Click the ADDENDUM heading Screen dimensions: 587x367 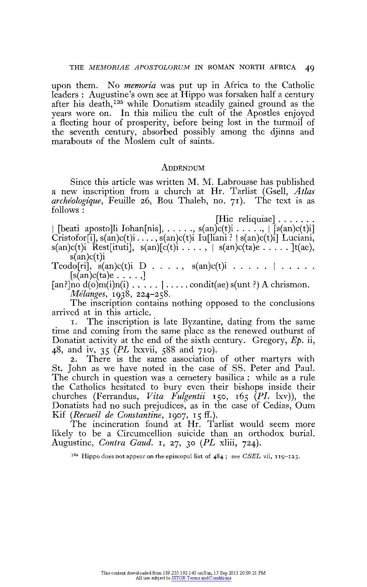click(183, 168)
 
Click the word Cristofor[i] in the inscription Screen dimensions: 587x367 click(74, 238)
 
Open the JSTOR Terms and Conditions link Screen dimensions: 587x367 click(201, 578)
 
